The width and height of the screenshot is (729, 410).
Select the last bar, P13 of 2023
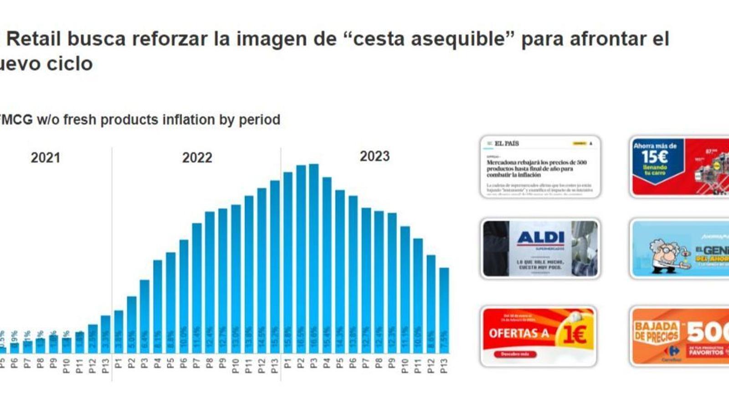click(444, 310)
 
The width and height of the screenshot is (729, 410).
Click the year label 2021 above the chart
click(45, 158)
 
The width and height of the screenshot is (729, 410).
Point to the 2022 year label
click(197, 158)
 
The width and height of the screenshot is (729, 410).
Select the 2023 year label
click(375, 156)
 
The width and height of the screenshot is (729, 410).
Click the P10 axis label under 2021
click(67, 366)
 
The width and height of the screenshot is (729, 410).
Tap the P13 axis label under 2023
click(444, 366)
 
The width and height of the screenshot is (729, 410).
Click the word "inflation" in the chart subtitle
click(189, 120)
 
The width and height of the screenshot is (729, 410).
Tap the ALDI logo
click(540, 237)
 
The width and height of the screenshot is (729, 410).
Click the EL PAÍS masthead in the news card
click(507, 143)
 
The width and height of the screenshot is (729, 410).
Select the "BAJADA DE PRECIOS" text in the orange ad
click(656, 331)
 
